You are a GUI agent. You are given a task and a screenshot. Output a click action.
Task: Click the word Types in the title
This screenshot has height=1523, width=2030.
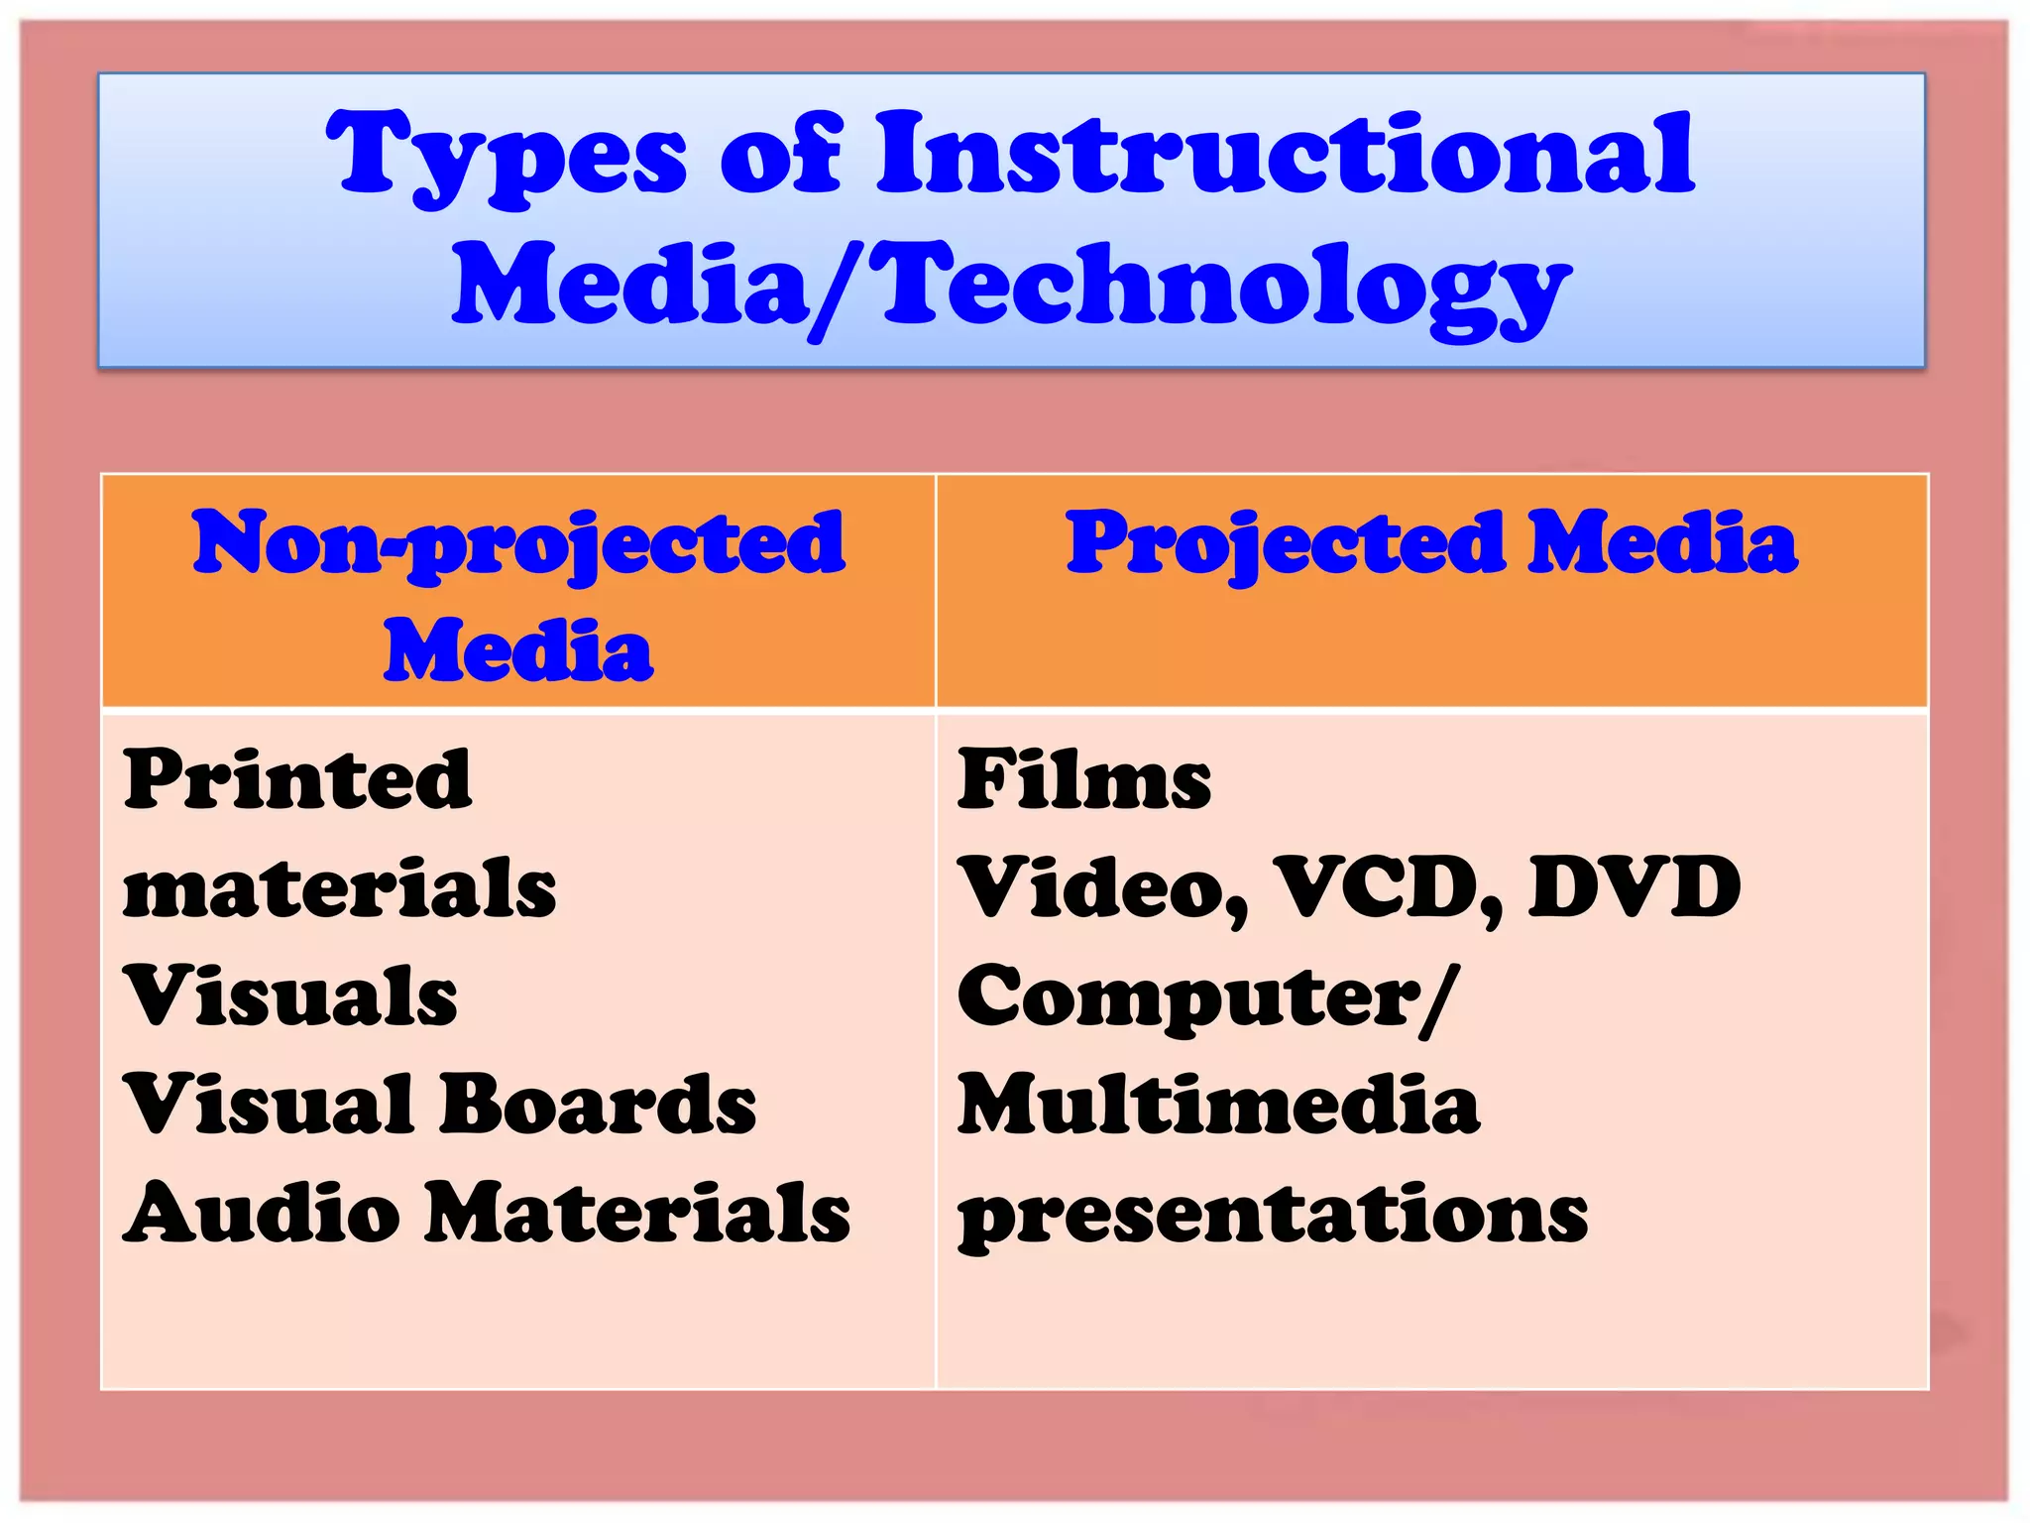[x=507, y=157]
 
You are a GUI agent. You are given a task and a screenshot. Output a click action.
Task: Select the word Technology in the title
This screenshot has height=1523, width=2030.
[x=1225, y=288]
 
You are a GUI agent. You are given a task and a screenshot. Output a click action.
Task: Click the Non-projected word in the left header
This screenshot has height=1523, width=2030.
[x=518, y=544]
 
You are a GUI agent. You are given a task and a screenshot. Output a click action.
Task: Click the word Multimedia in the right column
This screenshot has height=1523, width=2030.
[x=1218, y=1105]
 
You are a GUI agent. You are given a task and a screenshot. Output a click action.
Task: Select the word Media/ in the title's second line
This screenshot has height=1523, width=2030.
[x=649, y=288]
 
